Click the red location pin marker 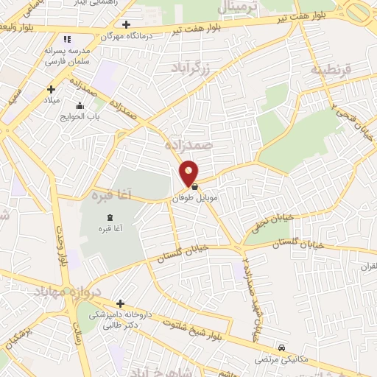(x=189, y=173)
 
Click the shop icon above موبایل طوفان (x=194, y=188)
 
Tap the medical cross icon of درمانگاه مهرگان (x=127, y=24)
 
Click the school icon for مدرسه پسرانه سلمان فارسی (x=67, y=39)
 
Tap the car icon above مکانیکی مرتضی (x=282, y=348)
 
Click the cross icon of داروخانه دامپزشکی (x=120, y=303)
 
